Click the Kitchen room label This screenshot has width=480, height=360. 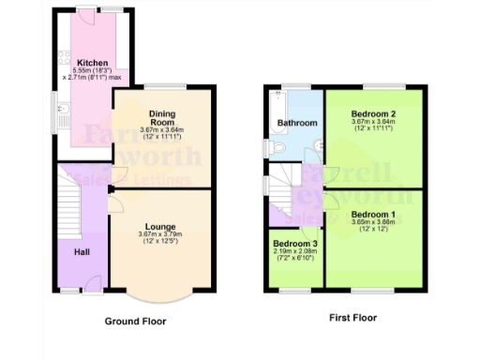click(91, 63)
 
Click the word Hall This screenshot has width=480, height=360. click(82, 249)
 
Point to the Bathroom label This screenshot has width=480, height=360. click(297, 123)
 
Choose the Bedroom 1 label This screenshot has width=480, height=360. click(371, 215)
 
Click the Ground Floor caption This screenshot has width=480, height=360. click(142, 321)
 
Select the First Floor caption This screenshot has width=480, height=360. click(352, 318)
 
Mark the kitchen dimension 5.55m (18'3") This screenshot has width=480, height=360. click(91, 71)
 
